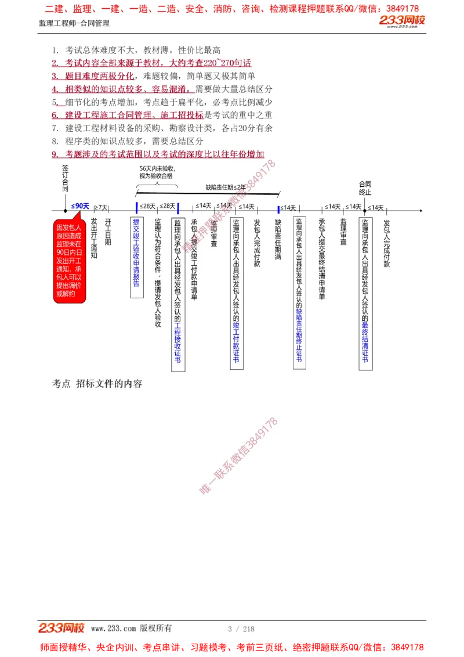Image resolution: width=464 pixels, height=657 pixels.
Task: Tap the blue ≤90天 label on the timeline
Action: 80,206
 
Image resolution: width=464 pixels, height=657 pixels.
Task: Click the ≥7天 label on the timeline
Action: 101,207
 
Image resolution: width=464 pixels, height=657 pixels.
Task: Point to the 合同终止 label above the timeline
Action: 365,188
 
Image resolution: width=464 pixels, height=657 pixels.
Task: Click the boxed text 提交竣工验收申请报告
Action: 137,258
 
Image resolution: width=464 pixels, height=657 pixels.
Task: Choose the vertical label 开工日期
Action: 108,232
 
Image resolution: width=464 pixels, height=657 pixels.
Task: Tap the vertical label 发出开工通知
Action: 94,238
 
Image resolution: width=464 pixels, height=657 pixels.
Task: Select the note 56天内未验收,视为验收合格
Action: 157,172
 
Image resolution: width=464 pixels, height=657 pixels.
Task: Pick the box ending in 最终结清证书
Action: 365,293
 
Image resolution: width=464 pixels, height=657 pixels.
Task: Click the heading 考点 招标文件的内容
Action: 97,384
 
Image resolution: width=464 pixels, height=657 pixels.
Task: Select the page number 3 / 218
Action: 241,629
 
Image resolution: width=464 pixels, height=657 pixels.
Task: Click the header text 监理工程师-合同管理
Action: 74,24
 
